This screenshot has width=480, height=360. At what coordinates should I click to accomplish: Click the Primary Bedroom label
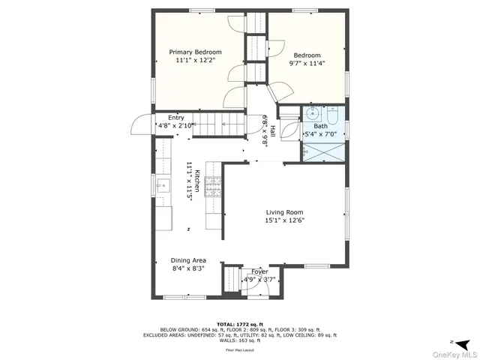(199, 52)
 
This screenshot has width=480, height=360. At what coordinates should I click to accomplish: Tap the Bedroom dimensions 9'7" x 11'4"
(307, 64)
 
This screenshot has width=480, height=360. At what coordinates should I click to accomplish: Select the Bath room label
(320, 126)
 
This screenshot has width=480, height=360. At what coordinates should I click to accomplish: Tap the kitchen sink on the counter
(161, 184)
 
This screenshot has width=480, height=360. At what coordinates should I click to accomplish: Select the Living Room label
(283, 212)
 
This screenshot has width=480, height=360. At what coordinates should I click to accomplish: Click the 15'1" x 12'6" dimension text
(283, 221)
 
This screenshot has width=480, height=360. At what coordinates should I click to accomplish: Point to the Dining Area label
(188, 260)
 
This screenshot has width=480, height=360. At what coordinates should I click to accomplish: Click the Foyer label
(259, 271)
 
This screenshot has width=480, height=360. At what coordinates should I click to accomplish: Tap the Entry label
(176, 118)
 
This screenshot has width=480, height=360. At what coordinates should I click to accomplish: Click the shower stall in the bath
(324, 148)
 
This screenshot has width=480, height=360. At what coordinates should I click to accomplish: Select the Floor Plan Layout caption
(240, 349)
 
